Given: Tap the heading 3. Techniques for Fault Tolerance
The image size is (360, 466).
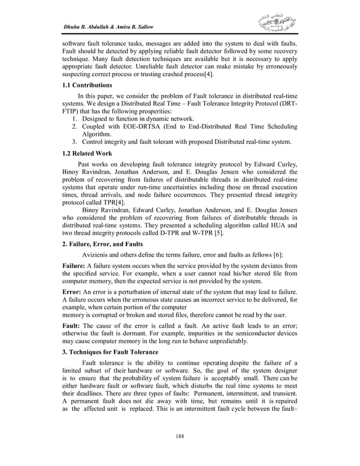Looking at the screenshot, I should click(x=110, y=351).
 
